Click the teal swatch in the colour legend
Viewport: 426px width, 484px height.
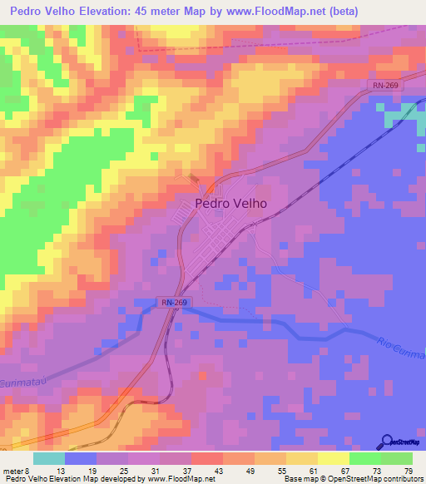(48, 458)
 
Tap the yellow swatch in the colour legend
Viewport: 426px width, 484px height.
(333, 458)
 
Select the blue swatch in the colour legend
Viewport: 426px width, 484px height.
(80, 458)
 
